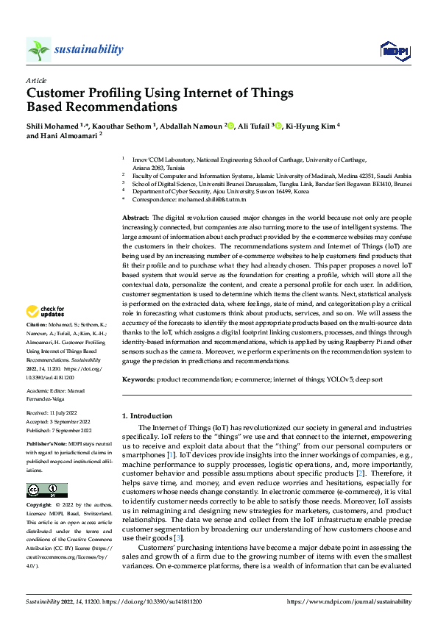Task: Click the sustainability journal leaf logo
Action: click(38, 49)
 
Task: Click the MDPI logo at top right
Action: click(394, 50)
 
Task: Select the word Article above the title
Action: click(36, 80)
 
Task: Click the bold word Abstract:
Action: click(135, 218)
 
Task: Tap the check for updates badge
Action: click(46, 332)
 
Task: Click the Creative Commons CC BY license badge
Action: click(46, 490)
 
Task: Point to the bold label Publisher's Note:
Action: click(48, 446)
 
